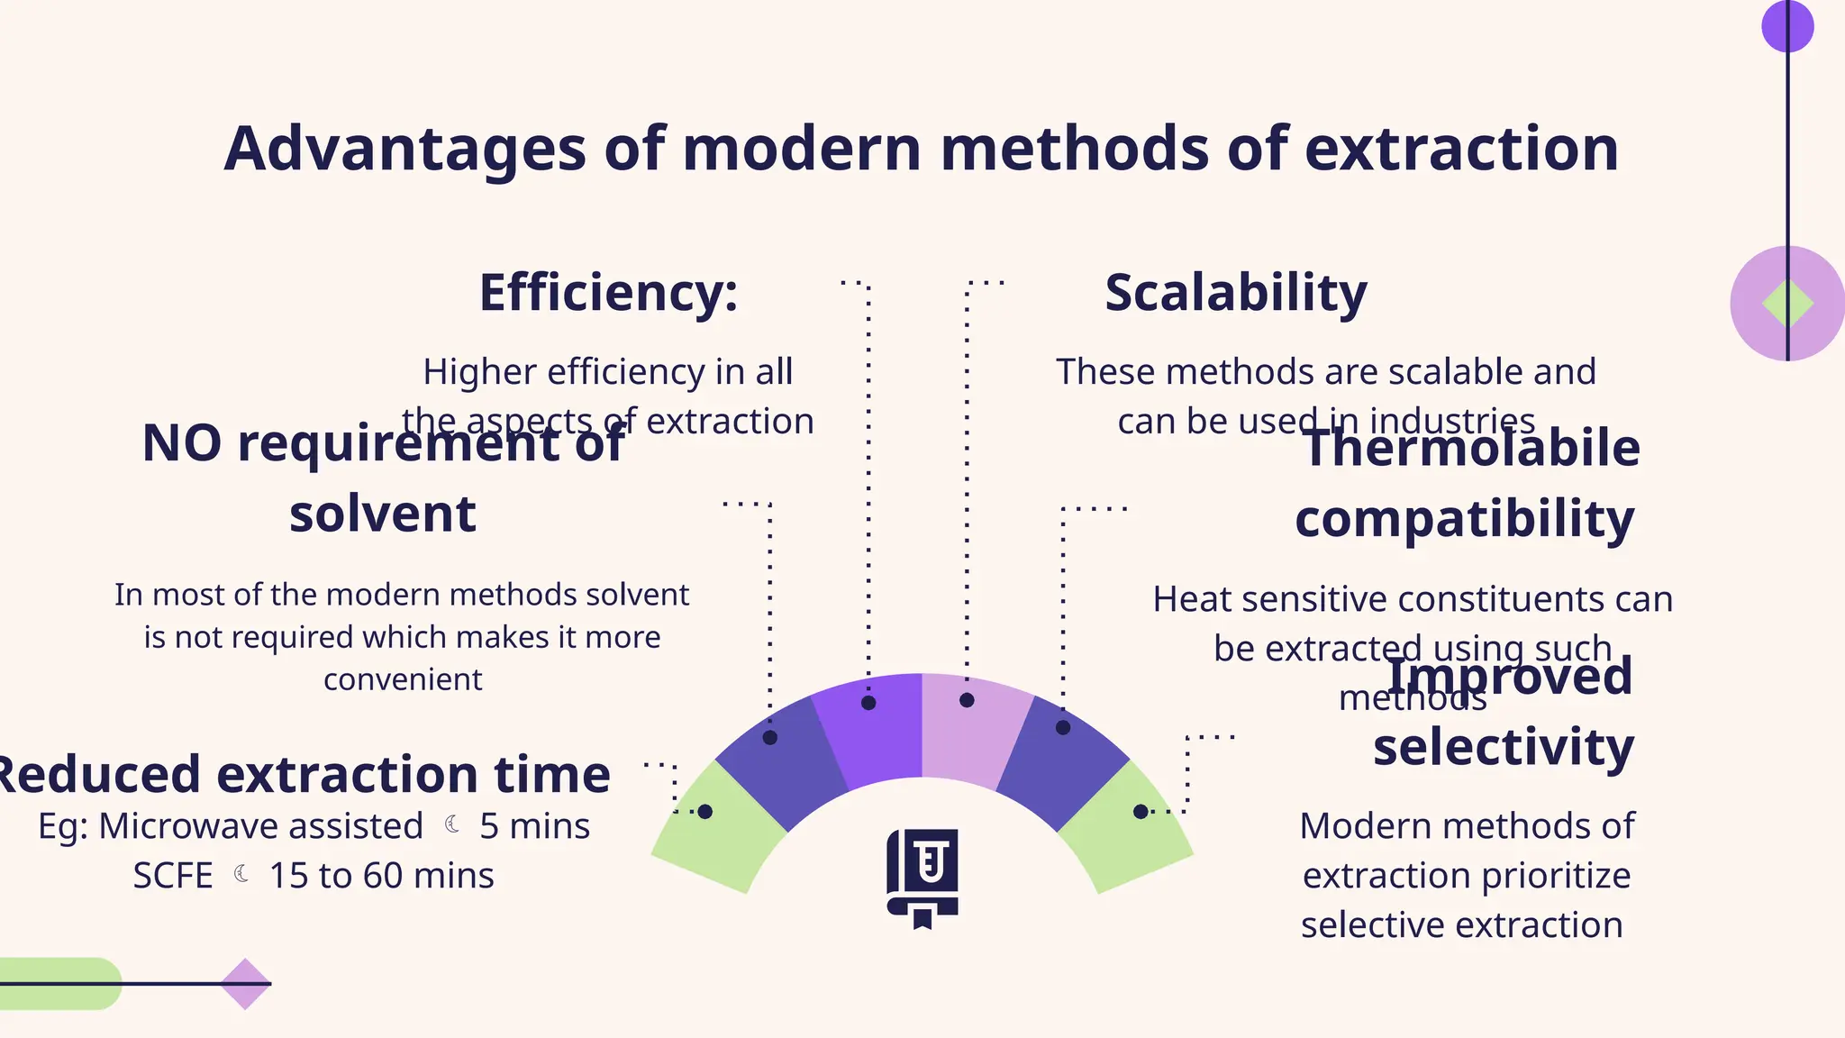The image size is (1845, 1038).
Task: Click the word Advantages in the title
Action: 404,150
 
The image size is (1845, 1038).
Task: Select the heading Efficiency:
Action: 608,294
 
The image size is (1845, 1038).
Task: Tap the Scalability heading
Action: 1235,294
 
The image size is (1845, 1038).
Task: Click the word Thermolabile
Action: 1470,448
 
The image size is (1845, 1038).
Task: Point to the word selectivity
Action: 1503,748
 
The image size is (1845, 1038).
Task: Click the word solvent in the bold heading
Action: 382,514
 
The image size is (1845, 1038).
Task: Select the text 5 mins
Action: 534,826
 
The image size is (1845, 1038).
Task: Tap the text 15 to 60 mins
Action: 381,876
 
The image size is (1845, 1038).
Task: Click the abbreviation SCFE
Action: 173,876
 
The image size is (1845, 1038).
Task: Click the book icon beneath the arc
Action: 922,877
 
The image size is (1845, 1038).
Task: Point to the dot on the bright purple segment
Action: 868,703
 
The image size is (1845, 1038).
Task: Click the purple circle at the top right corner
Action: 1787,26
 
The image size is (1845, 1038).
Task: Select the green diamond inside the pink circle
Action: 1787,304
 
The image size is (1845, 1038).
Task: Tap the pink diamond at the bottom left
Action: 245,984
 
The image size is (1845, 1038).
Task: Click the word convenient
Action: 403,679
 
